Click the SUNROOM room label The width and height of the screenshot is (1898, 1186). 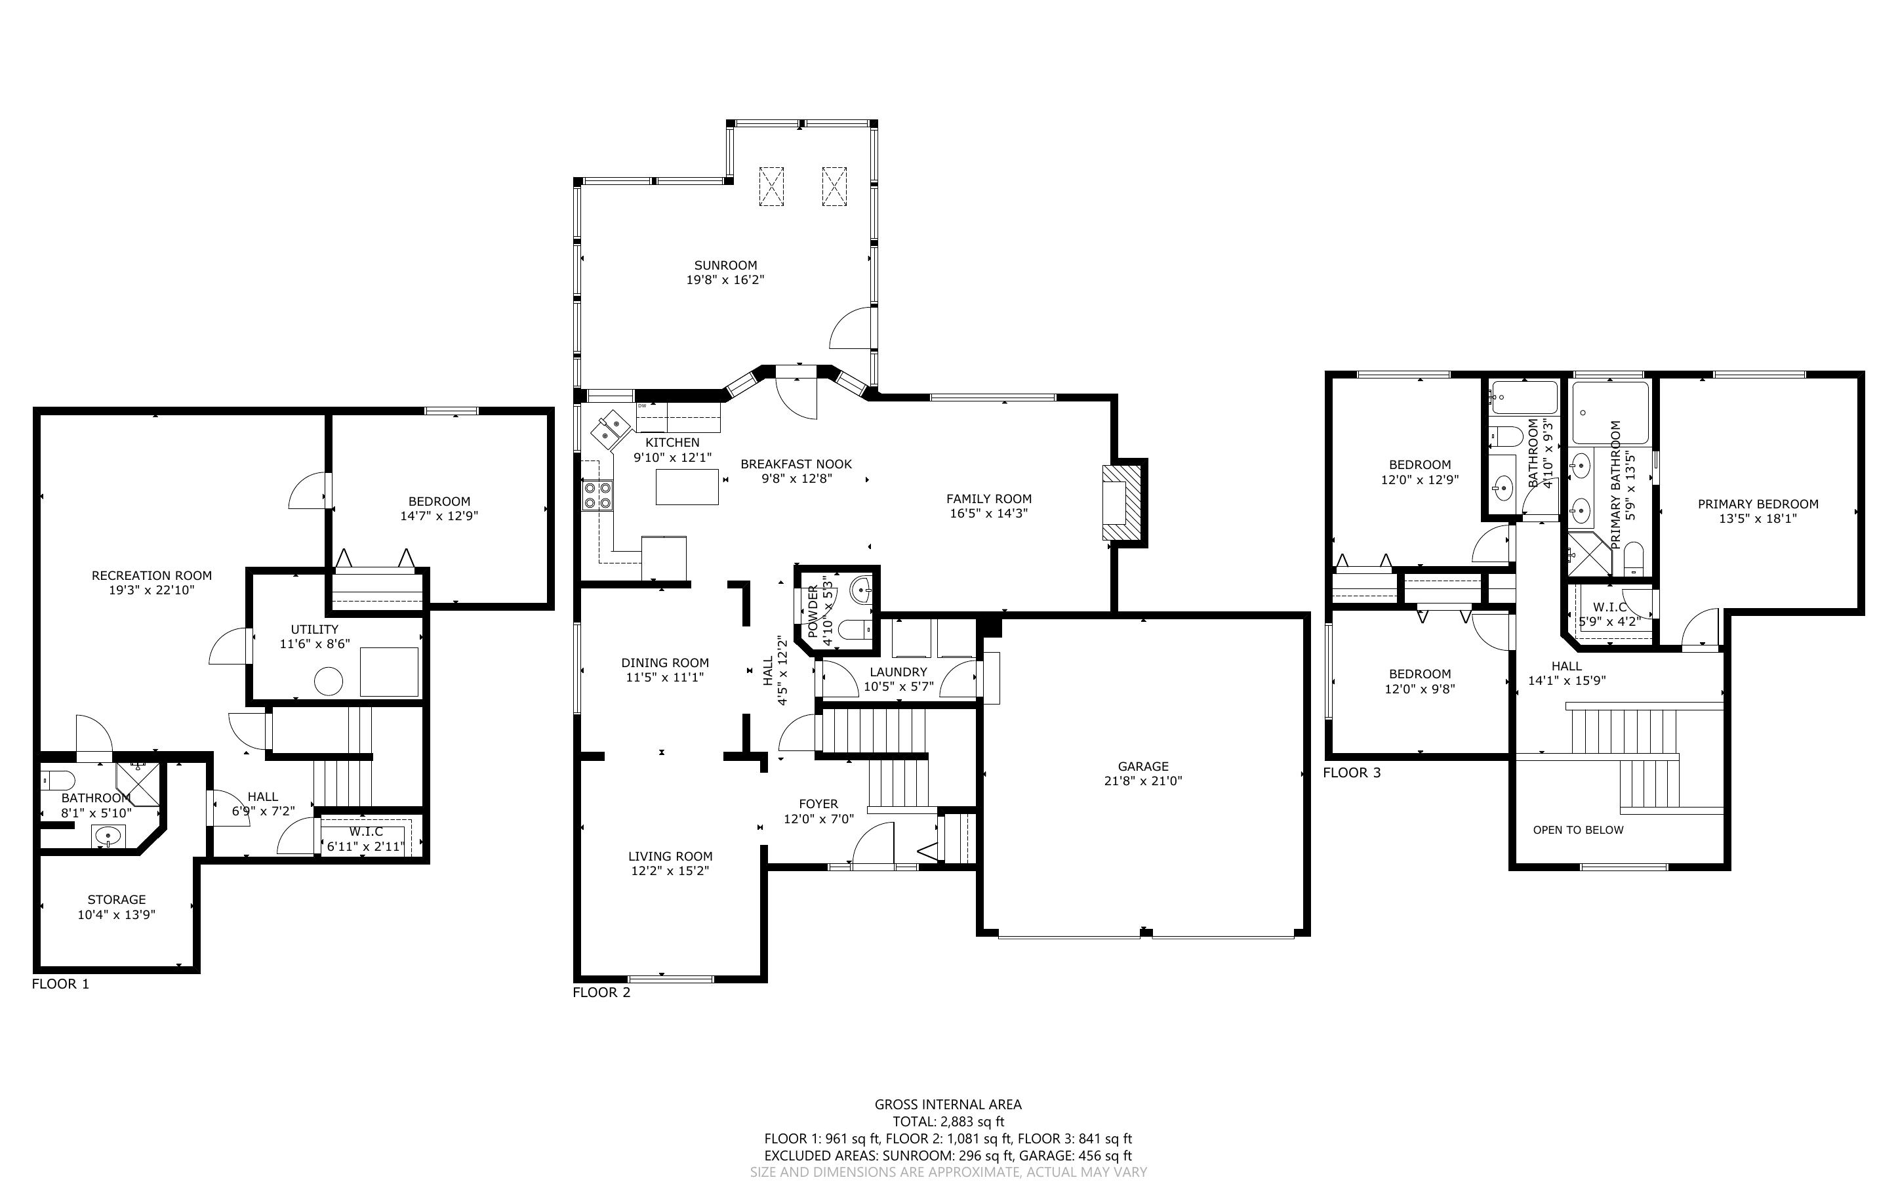[725, 265]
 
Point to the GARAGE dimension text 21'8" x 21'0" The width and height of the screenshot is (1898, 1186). [1143, 781]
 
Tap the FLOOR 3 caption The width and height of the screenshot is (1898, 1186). [1352, 773]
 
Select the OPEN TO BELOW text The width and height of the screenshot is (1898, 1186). [1578, 830]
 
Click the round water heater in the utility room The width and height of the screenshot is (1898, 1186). [329, 681]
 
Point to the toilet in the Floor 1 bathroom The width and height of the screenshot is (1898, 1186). [58, 780]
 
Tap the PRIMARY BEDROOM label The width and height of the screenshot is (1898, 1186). [1758, 504]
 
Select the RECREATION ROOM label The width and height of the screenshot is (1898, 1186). [151, 576]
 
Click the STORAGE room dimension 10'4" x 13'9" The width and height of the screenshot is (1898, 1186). [116, 914]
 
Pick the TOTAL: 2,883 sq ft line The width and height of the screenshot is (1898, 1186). [948, 1122]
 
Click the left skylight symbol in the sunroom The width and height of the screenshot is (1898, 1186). [771, 187]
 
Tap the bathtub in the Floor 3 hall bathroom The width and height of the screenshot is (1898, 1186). [1524, 398]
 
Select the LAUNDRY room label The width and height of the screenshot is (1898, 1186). [899, 672]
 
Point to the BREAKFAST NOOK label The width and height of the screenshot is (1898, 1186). [796, 464]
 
